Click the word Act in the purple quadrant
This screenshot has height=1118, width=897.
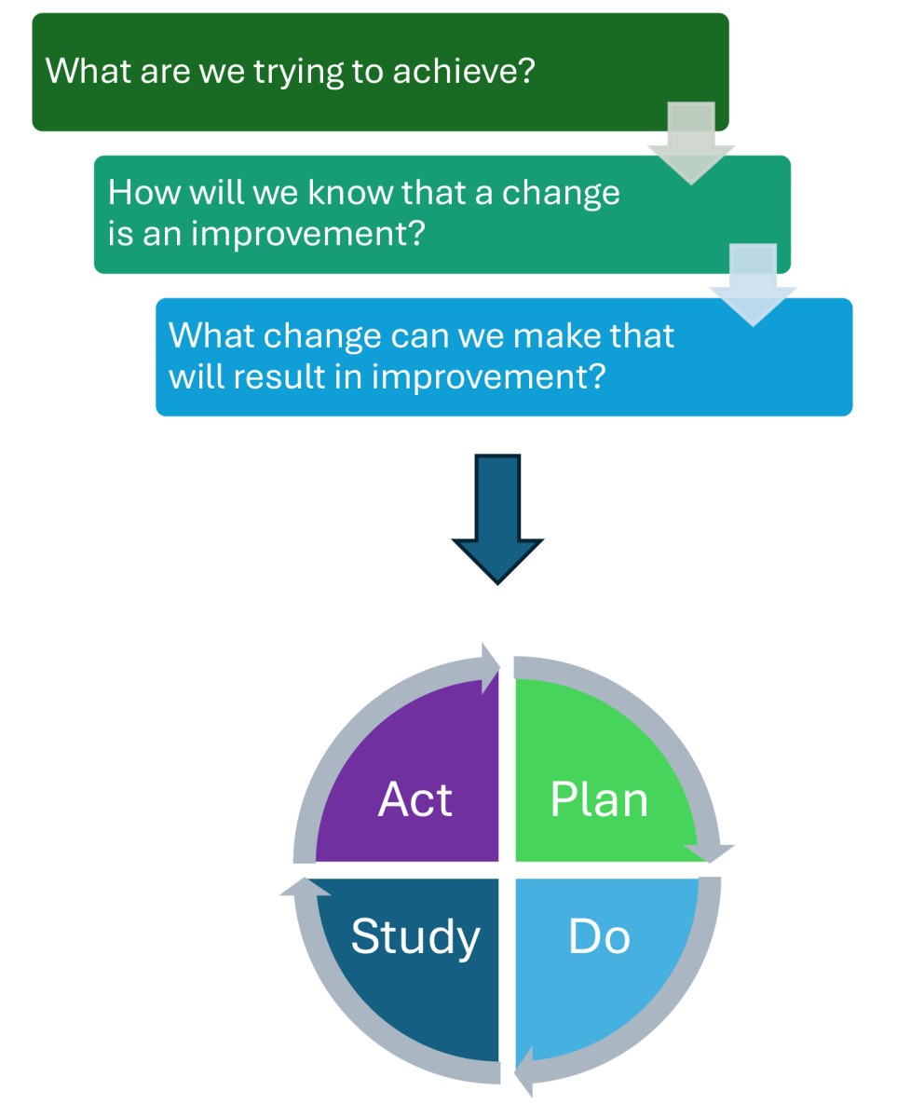[415, 800]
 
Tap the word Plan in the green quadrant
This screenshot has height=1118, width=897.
[599, 800]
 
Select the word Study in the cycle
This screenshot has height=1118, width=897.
[415, 937]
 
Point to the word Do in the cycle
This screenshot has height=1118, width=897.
[599, 937]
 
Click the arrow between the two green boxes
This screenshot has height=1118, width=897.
[691, 144]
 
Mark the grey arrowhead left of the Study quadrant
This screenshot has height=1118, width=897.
[304, 888]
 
